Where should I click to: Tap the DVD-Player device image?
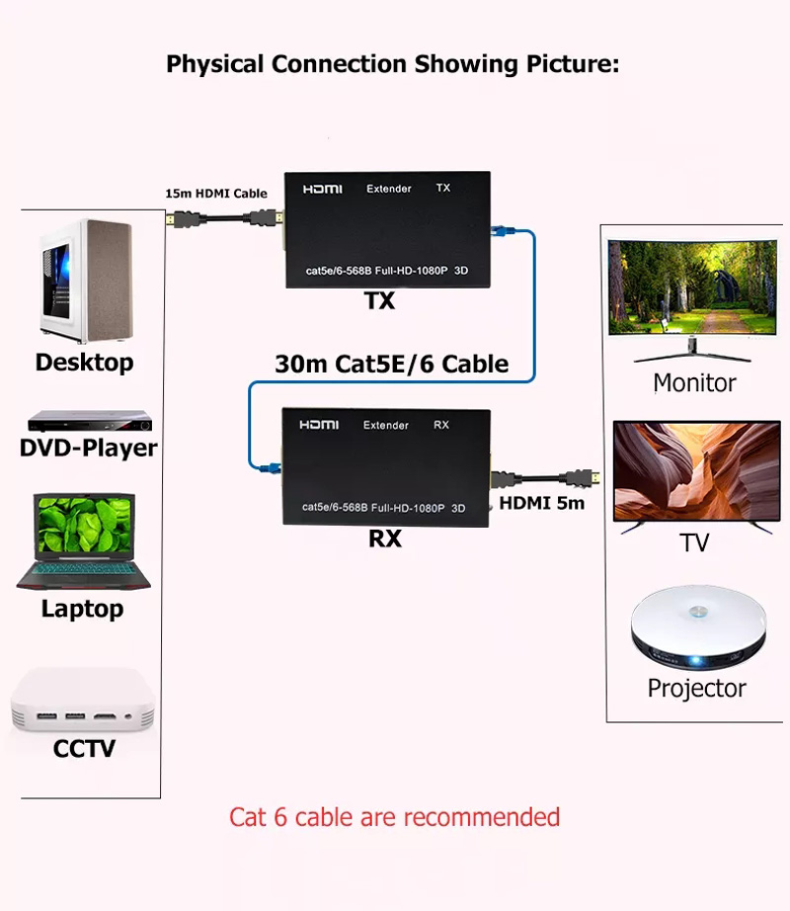pyautogui.click(x=88, y=422)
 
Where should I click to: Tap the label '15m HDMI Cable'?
pyautogui.click(x=215, y=194)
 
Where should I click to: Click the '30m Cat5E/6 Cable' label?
pyautogui.click(x=391, y=364)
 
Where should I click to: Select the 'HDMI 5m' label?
pyautogui.click(x=541, y=503)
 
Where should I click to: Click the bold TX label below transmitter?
pyautogui.click(x=380, y=301)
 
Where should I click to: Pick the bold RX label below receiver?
pyautogui.click(x=385, y=539)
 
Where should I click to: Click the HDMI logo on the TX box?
pyautogui.click(x=321, y=188)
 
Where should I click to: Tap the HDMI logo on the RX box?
pyautogui.click(x=319, y=425)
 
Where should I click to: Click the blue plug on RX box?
pyautogui.click(x=267, y=461)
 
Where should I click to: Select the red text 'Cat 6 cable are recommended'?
pyautogui.click(x=394, y=817)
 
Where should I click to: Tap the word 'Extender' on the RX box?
pyautogui.click(x=385, y=426)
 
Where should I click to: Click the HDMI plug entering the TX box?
pyautogui.click(x=269, y=219)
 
